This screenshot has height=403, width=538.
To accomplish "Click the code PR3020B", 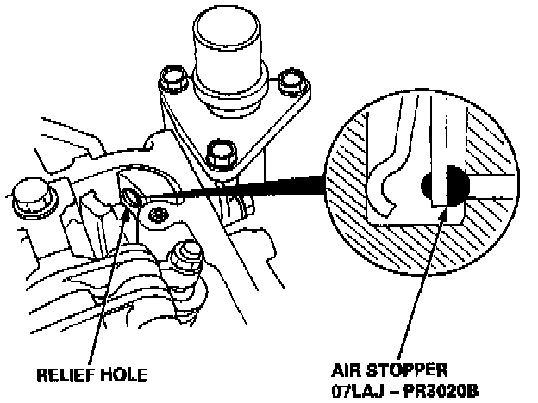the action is [441, 390].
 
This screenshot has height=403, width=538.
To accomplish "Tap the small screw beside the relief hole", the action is [159, 214].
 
